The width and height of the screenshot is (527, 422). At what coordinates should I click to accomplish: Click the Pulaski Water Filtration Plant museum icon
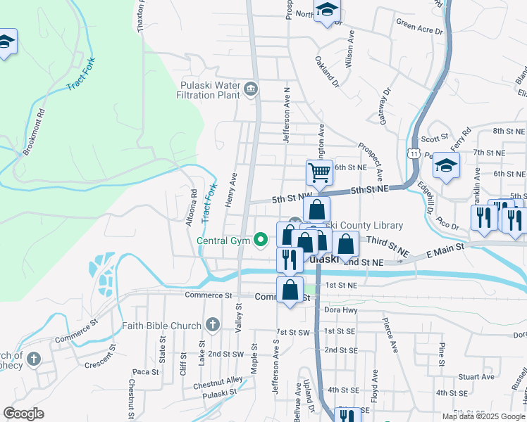(252, 89)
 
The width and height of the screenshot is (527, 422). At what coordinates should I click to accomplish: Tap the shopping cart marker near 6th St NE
(319, 172)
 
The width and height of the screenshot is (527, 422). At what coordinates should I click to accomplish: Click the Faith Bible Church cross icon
(213, 325)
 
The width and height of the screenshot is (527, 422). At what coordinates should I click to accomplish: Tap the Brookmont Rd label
(33, 132)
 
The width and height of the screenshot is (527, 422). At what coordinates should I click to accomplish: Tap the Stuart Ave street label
(471, 377)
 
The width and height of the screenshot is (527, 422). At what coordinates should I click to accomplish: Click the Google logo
(23, 414)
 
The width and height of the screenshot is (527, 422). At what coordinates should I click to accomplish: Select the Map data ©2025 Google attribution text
(483, 416)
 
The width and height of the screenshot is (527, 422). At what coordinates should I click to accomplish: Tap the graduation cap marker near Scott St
(445, 166)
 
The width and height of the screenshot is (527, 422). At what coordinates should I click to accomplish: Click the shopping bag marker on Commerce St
(290, 290)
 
